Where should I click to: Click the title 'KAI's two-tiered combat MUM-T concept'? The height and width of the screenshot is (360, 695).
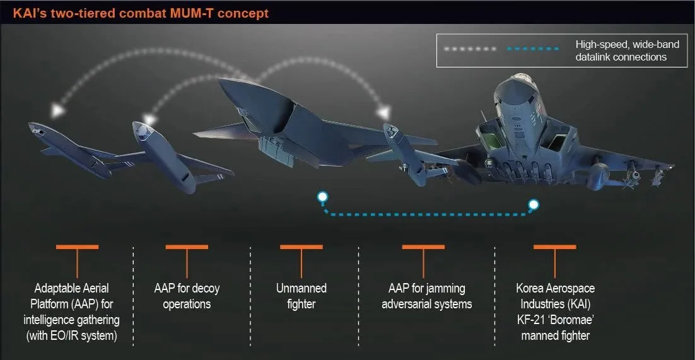[x=141, y=13]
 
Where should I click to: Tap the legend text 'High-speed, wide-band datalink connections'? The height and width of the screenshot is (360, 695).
[x=621, y=50]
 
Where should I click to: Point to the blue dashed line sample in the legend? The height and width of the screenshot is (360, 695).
[x=532, y=49]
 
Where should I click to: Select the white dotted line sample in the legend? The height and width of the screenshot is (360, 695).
[x=469, y=49]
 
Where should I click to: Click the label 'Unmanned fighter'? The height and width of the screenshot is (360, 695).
[x=301, y=296]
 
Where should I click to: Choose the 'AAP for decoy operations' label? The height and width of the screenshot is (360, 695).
[x=187, y=296]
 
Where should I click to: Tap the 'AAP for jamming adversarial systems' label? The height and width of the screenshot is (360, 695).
[x=426, y=296]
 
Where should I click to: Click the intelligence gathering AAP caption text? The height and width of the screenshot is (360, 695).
[x=72, y=311]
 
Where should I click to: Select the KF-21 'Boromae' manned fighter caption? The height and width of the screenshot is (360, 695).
[x=555, y=311]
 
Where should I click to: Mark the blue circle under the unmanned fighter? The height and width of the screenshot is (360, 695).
[x=322, y=197]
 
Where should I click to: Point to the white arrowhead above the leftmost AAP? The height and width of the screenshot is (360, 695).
[x=58, y=110]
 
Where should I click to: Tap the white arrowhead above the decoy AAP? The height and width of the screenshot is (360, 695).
[x=149, y=119]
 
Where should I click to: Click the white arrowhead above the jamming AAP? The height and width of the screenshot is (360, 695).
[x=383, y=113]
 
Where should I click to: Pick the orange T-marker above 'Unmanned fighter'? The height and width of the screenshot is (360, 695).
[x=301, y=248]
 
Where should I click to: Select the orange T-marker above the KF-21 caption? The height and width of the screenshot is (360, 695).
[x=555, y=248]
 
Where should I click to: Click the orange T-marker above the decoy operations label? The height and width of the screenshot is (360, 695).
[x=187, y=248]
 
